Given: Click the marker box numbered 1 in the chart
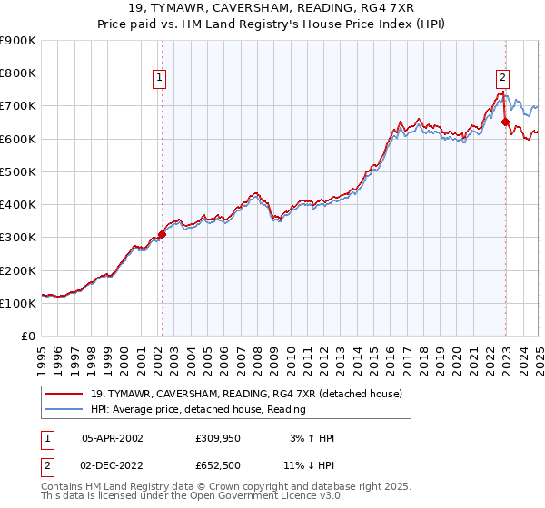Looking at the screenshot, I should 159,79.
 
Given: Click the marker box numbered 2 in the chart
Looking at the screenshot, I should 502,79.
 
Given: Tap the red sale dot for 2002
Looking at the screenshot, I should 162,234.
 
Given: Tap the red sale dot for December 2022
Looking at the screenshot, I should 505,122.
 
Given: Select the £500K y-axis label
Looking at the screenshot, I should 18,171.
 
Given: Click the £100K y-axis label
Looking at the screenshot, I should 18,303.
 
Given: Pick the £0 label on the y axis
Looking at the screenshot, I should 28,337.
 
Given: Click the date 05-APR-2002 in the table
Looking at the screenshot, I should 113,438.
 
